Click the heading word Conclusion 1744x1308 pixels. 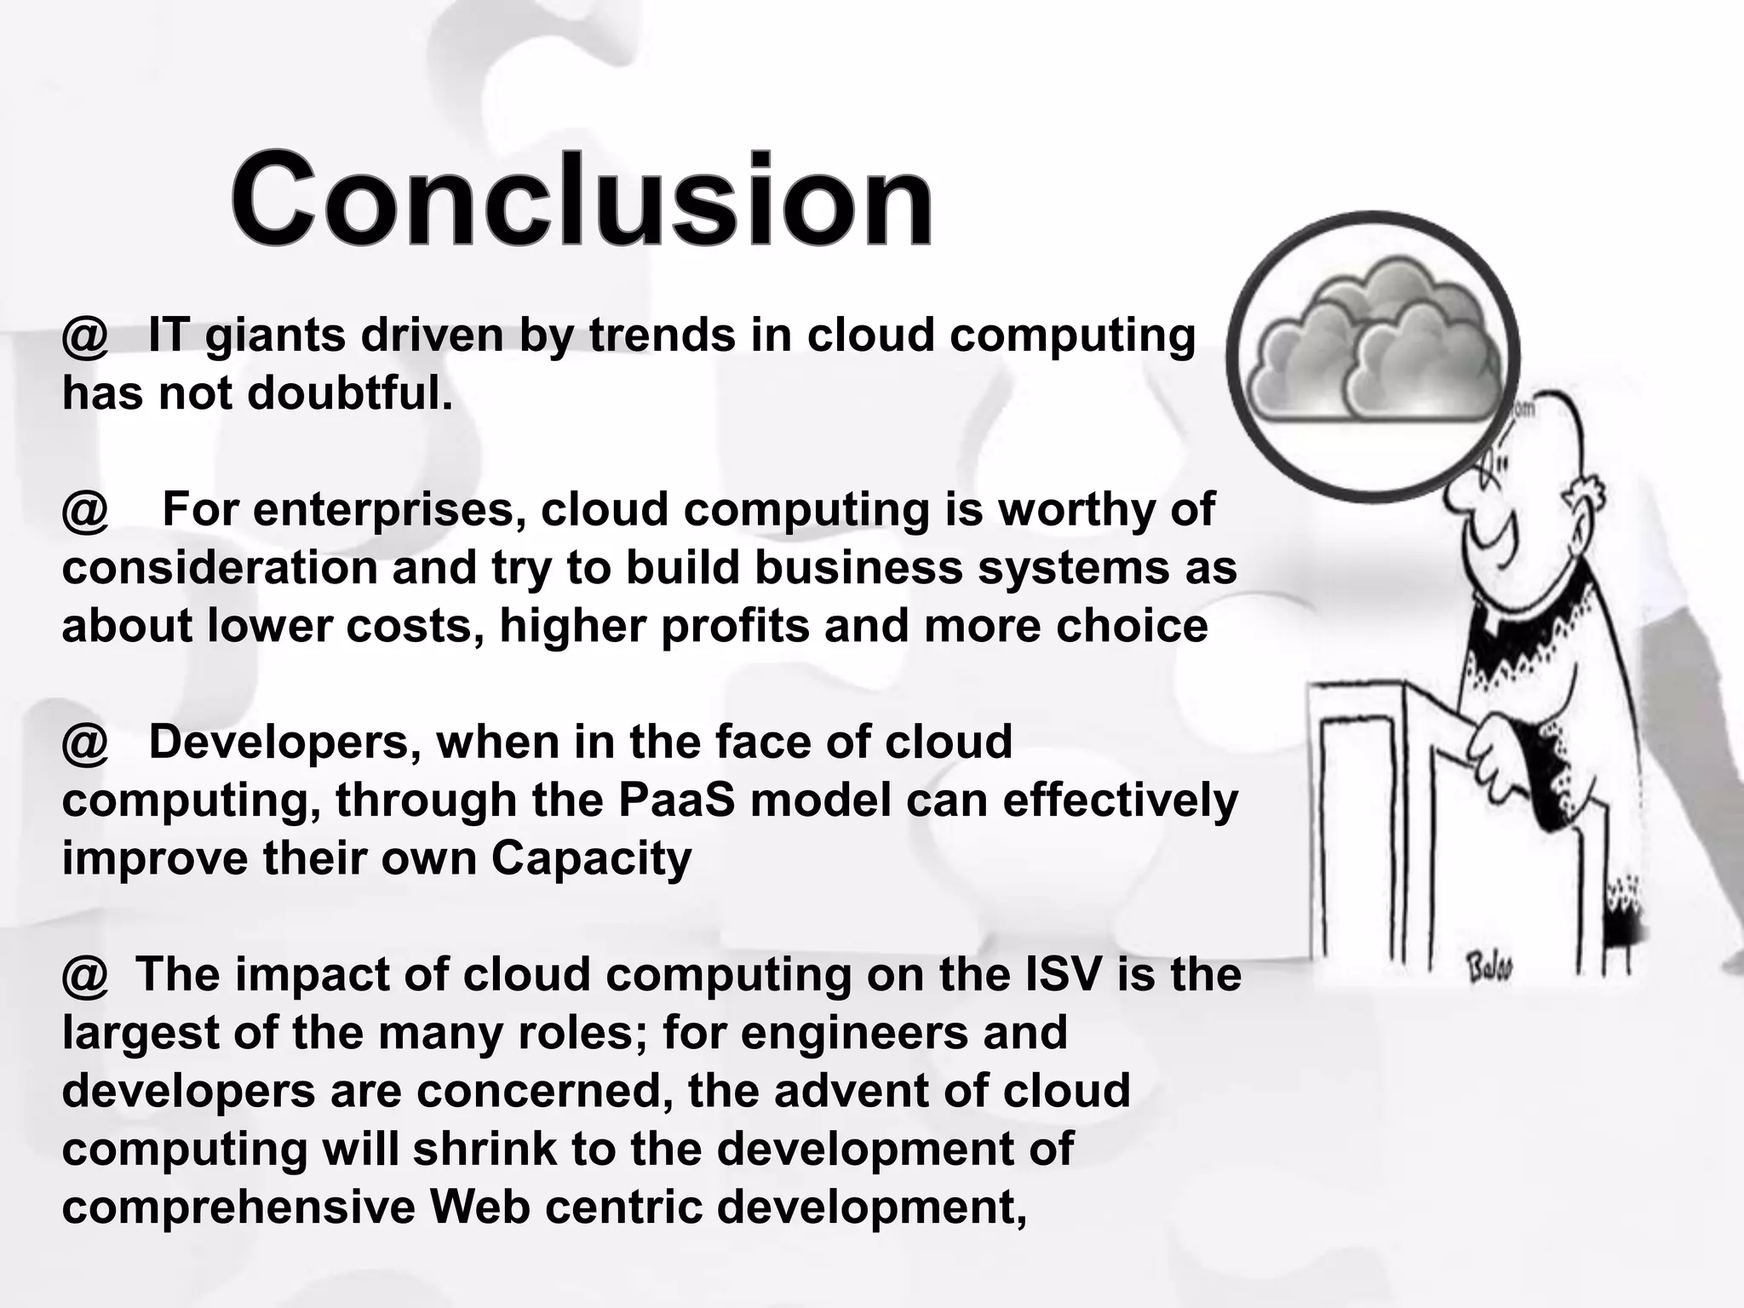click(582, 201)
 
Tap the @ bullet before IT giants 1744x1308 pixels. click(85, 337)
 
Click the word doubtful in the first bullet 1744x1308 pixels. click(350, 393)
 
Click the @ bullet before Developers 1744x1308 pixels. click(85, 744)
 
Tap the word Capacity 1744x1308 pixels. click(591, 858)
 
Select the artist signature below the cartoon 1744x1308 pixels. click(1489, 967)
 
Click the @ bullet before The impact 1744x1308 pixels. click(85, 976)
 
